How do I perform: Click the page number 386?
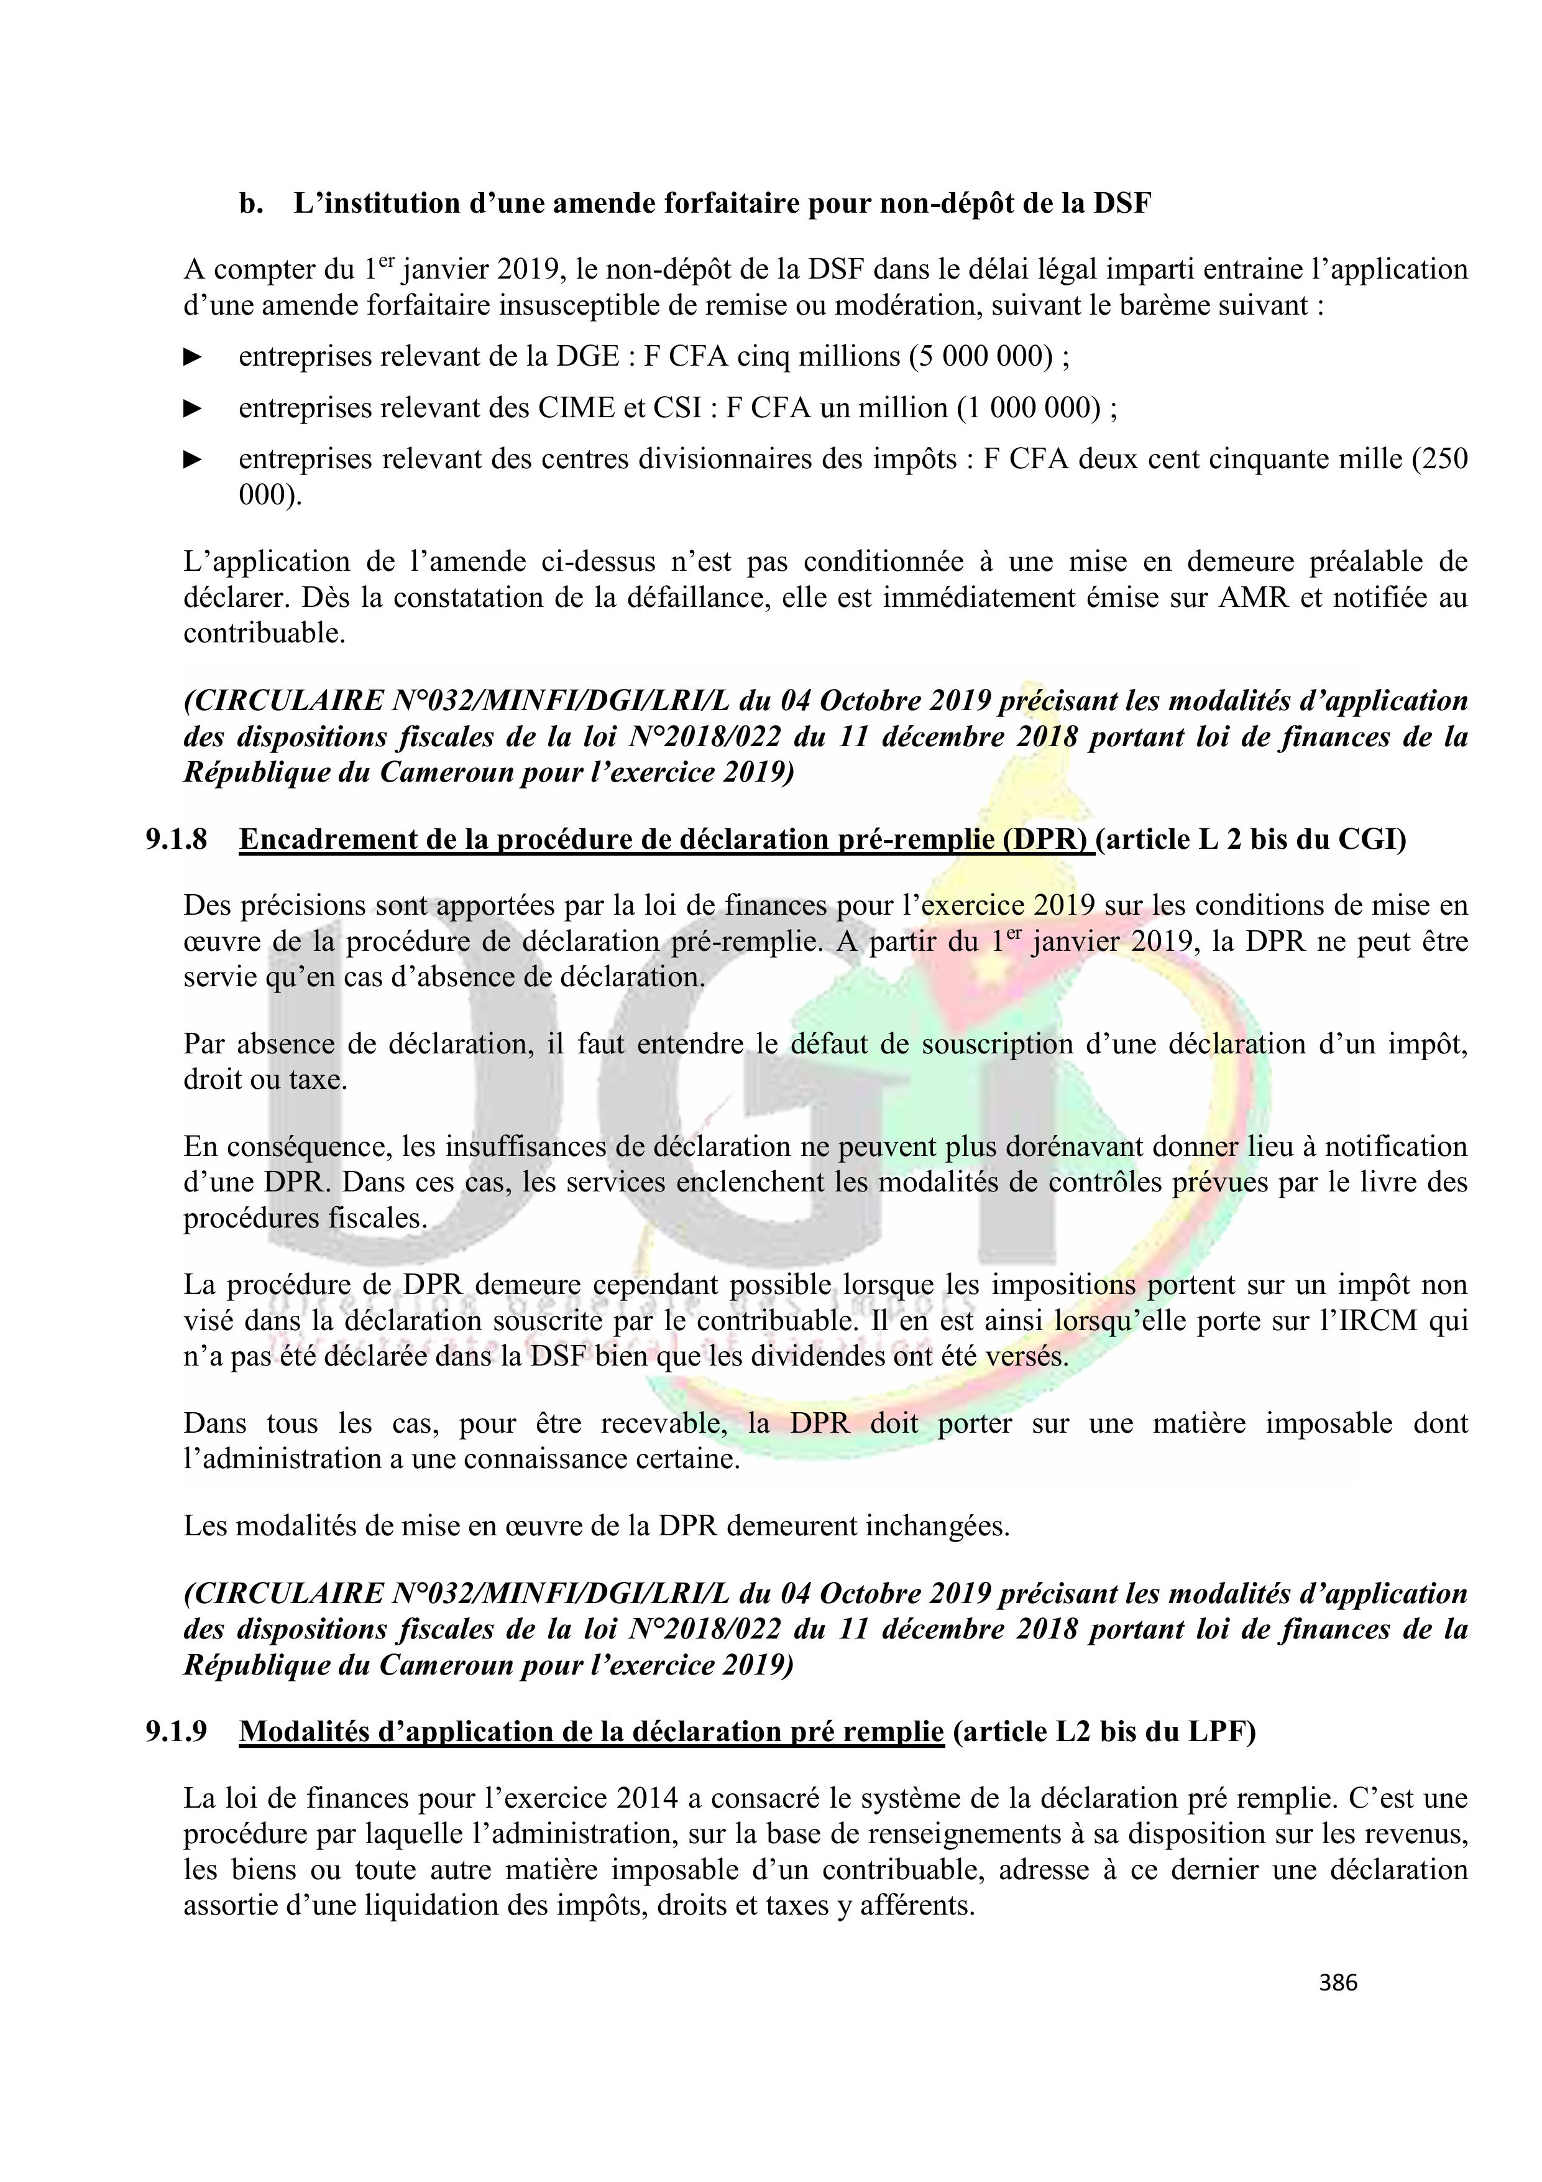point(1338,1982)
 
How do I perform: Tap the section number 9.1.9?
point(176,1732)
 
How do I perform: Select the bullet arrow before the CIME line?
point(193,408)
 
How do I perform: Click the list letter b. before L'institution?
point(251,205)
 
